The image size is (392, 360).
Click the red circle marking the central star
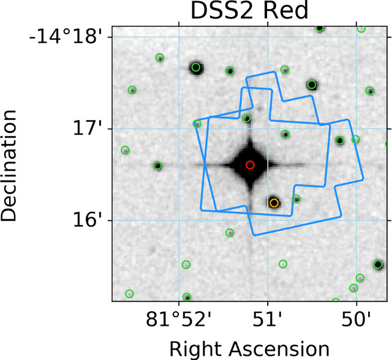point(249,165)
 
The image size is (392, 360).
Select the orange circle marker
point(274,203)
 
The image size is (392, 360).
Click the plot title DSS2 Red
point(252,12)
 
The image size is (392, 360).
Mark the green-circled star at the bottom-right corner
point(378,264)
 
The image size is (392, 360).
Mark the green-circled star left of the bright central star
point(157,165)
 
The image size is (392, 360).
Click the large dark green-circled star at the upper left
point(196,67)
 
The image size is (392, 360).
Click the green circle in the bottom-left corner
point(129,294)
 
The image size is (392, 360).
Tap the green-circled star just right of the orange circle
point(296,198)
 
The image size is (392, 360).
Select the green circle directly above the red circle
point(246,118)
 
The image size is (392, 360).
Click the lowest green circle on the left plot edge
point(126,150)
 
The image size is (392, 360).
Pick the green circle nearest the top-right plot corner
point(361,29)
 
